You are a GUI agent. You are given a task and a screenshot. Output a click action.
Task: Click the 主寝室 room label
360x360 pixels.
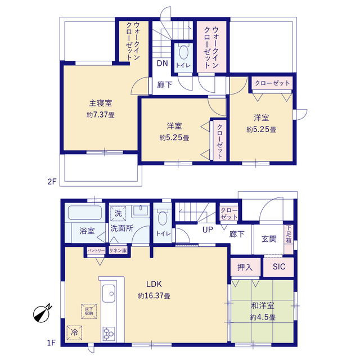pos(101,103)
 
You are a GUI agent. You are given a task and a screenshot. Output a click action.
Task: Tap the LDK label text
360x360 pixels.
pos(154,284)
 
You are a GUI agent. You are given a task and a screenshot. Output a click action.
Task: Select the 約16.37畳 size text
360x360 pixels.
pos(154,296)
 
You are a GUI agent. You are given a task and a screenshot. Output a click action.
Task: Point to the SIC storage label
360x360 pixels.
pos(279,267)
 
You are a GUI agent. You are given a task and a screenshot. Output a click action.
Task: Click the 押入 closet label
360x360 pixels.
pos(245,267)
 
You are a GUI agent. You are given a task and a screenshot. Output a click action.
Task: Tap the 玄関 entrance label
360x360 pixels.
pos(269,238)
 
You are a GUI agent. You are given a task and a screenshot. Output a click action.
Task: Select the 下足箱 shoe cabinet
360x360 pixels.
pos(289,240)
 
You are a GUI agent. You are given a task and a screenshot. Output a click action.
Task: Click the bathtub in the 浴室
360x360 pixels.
pos(85,213)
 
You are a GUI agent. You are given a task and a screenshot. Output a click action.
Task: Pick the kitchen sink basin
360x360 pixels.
pos(109,294)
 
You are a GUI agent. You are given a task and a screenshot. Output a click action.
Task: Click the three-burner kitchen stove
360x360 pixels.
pos(109,334)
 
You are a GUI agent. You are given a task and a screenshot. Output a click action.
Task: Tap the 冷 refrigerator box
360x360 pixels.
pos(74,332)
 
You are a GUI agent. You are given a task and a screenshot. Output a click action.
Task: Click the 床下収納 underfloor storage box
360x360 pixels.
pos(89,311)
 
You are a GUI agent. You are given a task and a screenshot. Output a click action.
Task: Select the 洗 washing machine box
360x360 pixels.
pos(118,214)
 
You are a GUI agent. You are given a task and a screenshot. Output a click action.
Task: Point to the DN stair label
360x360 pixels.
pos(163,64)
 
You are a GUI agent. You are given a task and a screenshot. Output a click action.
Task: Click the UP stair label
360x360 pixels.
pos(208,229)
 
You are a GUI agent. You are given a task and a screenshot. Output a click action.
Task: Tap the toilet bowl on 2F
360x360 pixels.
pos(183,52)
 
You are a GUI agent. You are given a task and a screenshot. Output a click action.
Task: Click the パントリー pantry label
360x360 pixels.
pos(96,251)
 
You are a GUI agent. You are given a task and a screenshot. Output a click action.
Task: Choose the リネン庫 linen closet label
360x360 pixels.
pos(118,250)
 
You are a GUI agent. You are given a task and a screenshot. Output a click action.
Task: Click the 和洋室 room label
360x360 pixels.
pos(263,305)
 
